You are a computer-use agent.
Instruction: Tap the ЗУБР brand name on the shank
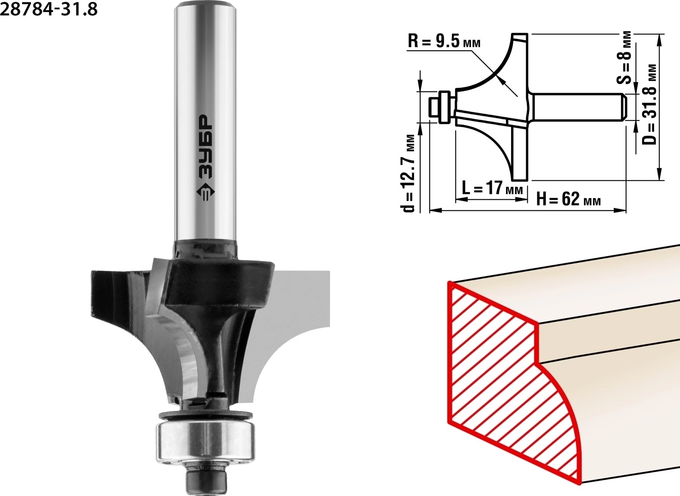click(x=205, y=147)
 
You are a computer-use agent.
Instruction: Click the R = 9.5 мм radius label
click(x=444, y=42)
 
